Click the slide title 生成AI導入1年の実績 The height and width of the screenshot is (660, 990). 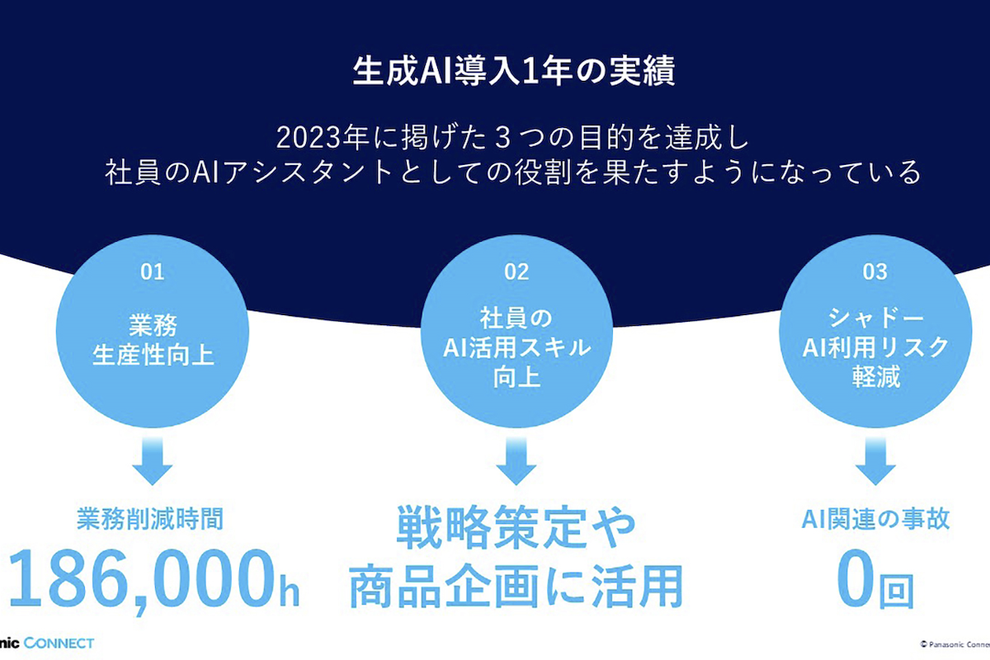point(513,72)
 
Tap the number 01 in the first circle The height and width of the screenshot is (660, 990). point(153,272)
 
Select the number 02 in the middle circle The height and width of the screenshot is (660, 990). point(516,272)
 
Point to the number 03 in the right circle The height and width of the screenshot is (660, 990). point(875,272)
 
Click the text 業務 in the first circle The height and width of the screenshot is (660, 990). point(153,325)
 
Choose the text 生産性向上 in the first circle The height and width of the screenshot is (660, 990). point(153,355)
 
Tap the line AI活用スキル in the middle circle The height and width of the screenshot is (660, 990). point(516,347)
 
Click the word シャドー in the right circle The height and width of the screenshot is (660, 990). point(875,318)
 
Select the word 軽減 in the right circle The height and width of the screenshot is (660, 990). point(875,377)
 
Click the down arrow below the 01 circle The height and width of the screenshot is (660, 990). point(152,460)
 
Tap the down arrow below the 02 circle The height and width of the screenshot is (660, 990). point(516,460)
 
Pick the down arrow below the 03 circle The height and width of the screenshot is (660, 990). point(875,460)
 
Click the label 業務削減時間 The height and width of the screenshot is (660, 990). point(150,519)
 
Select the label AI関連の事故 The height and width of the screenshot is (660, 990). point(875,519)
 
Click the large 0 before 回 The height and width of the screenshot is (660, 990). point(854,578)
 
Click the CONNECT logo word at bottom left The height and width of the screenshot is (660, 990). point(59,643)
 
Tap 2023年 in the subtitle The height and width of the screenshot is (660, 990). point(323,138)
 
